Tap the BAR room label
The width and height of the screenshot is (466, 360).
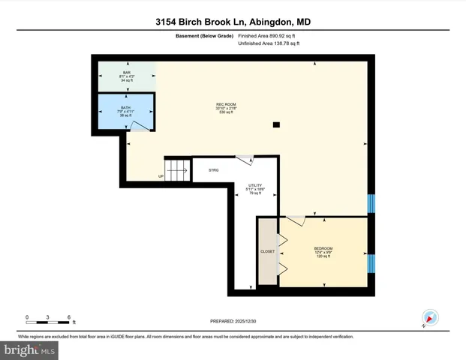click(x=127, y=73)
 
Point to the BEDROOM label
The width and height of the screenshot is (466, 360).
click(x=323, y=248)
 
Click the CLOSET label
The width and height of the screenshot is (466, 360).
click(x=268, y=252)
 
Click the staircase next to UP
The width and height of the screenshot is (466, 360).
click(x=176, y=170)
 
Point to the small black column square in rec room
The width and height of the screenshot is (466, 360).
click(x=277, y=124)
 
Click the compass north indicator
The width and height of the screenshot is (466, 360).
click(x=430, y=317)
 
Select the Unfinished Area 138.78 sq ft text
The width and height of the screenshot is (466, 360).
click(x=268, y=43)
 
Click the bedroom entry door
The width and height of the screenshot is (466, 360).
click(x=296, y=220)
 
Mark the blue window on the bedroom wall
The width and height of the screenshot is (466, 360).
click(x=371, y=263)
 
